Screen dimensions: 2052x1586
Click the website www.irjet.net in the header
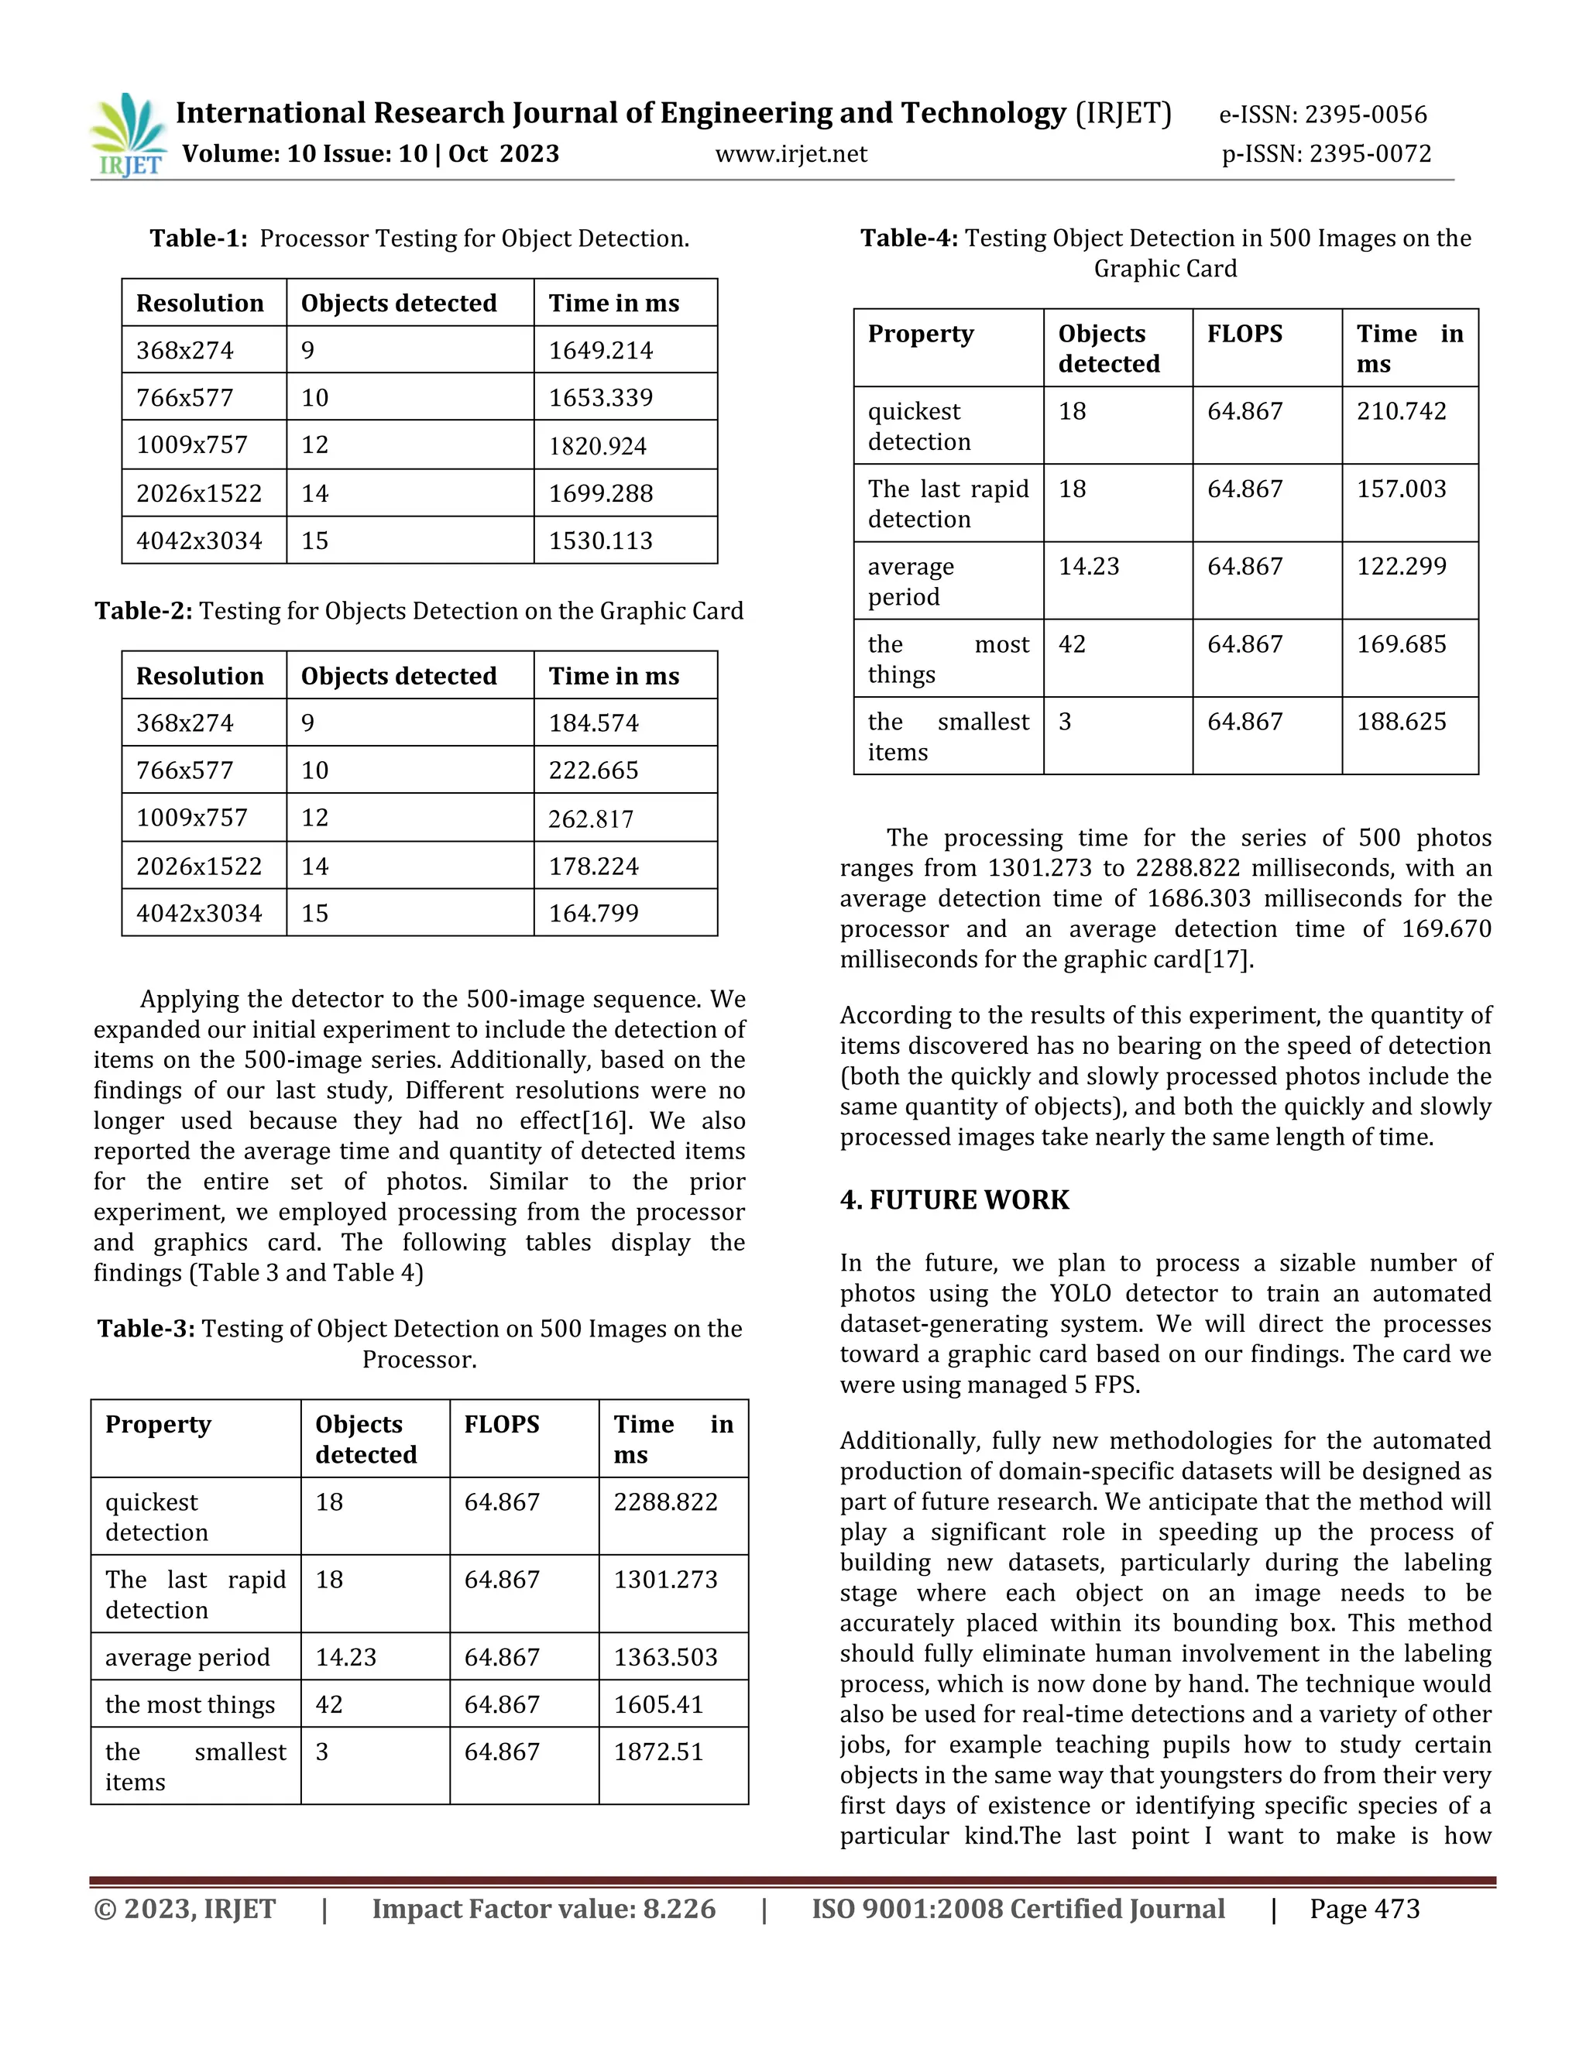tap(791, 154)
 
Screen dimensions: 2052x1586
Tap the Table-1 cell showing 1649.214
tap(600, 351)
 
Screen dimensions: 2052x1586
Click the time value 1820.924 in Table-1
tap(598, 446)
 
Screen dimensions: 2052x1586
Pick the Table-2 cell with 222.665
tap(593, 770)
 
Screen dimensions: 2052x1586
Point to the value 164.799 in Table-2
tap(593, 913)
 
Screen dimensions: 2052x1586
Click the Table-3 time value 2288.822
tap(665, 1501)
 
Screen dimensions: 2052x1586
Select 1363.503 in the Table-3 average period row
tap(665, 1657)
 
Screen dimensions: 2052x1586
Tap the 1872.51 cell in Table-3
tap(657, 1752)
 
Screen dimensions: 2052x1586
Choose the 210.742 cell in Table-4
tap(1401, 410)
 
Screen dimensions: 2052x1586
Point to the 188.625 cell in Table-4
tap(1401, 722)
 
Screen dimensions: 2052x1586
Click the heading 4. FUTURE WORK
tap(955, 1199)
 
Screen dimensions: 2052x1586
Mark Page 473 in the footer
tap(1365, 1910)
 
